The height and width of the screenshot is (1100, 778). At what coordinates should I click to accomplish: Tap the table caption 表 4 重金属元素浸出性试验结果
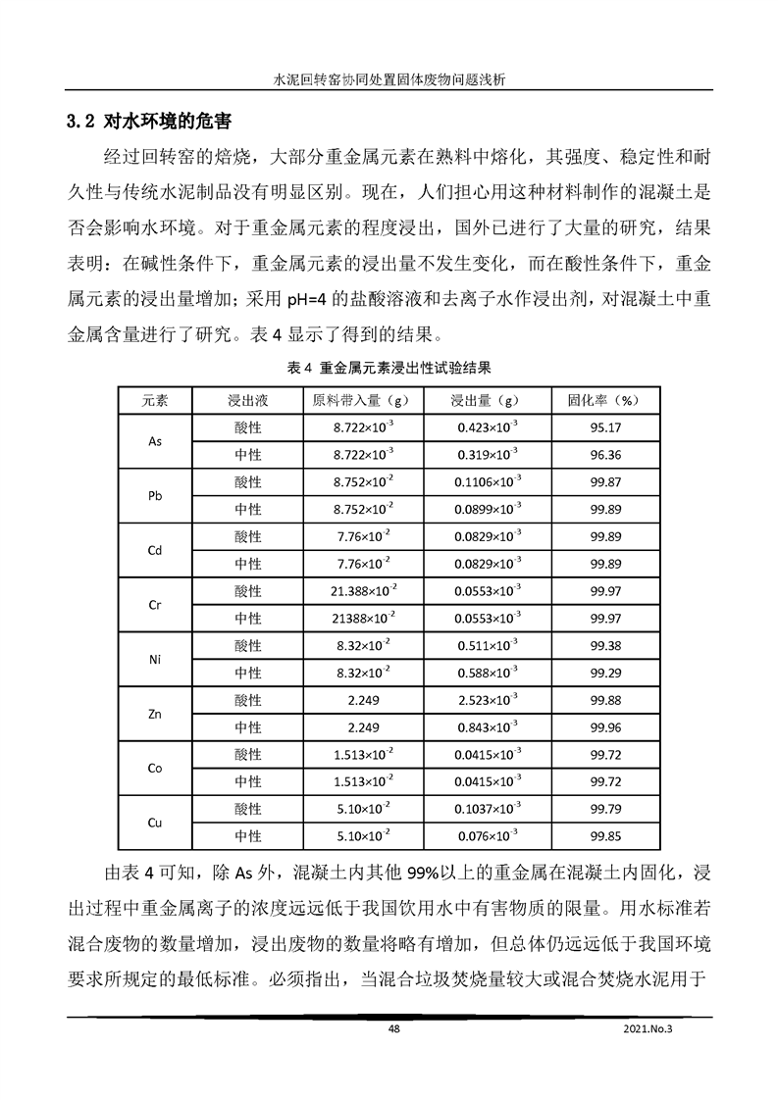click(x=389, y=369)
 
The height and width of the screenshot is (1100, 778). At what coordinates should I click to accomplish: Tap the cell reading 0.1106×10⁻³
click(x=490, y=482)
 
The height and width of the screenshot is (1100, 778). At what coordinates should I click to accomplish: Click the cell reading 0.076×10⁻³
click(x=490, y=837)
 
